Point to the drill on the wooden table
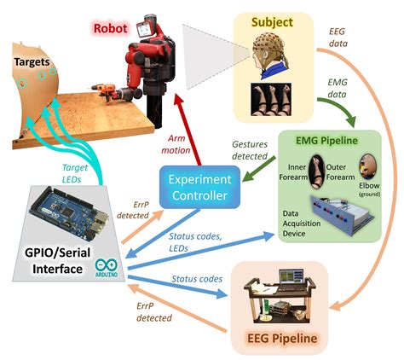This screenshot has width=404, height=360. coord(109,88)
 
